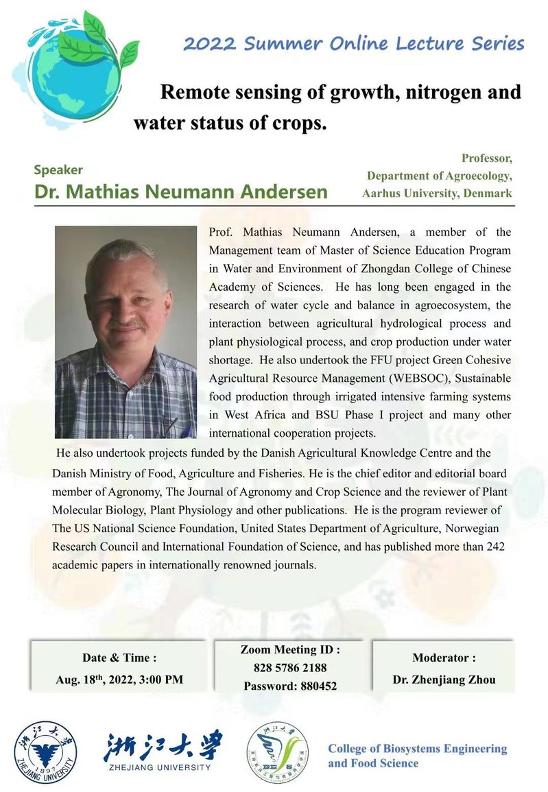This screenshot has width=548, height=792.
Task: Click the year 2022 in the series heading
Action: pyautogui.click(x=209, y=45)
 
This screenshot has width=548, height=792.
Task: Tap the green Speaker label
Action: pyautogui.click(x=58, y=169)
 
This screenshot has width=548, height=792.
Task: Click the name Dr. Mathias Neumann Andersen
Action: pyautogui.click(x=181, y=191)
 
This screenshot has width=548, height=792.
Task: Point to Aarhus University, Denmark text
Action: pyautogui.click(x=437, y=193)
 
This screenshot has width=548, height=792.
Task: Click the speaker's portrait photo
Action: pyautogui.click(x=126, y=332)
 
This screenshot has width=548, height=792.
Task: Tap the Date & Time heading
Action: pyautogui.click(x=120, y=658)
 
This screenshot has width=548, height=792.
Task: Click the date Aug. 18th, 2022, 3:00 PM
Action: pyautogui.click(x=119, y=680)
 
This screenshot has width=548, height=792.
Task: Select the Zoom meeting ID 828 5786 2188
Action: pyautogui.click(x=290, y=667)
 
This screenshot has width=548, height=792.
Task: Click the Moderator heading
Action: pyautogui.click(x=444, y=658)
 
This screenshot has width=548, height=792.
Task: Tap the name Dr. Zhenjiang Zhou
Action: pyautogui.click(x=443, y=680)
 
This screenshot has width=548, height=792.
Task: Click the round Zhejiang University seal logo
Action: pyautogui.click(x=46, y=752)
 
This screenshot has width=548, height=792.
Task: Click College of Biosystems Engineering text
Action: pyautogui.click(x=417, y=748)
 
